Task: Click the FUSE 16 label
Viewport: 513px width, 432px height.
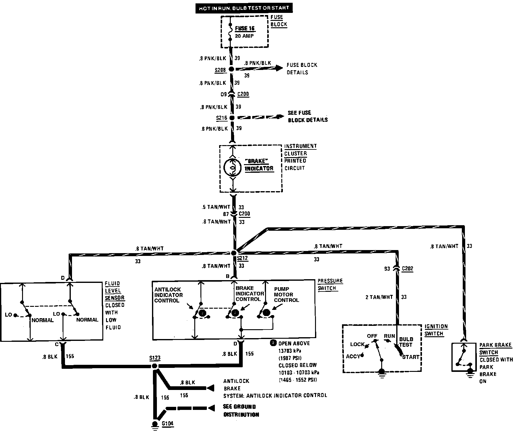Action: (x=245, y=29)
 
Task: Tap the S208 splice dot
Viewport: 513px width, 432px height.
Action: (x=231, y=69)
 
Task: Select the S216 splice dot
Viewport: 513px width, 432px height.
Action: (x=232, y=118)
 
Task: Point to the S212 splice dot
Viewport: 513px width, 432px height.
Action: (x=234, y=253)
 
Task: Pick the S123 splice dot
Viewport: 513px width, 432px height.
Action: (x=154, y=366)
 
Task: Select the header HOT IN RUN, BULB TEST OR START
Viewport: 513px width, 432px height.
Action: (x=244, y=8)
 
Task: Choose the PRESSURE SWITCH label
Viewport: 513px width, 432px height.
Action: (x=330, y=284)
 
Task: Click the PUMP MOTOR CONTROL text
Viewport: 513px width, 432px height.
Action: (x=286, y=295)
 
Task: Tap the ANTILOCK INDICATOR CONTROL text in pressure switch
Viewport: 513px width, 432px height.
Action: (x=168, y=295)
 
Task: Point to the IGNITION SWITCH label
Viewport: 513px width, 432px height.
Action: (x=436, y=330)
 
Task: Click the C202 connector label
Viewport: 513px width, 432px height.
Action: (x=407, y=269)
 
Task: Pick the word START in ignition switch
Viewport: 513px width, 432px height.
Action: (x=411, y=357)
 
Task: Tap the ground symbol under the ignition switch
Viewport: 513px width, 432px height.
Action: (x=382, y=373)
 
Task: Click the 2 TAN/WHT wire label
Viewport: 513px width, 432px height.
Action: (x=379, y=297)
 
